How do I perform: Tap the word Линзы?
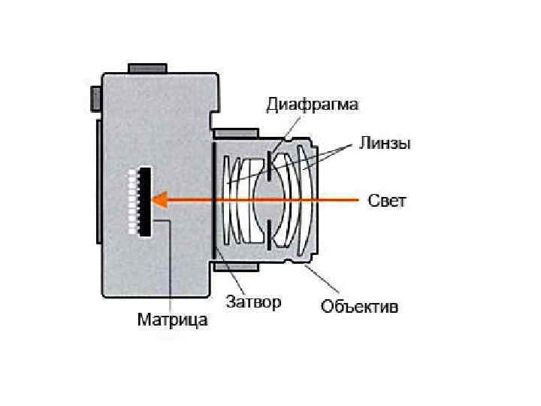point(384,143)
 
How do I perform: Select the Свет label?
point(387,201)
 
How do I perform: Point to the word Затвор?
point(254,302)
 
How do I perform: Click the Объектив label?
point(359,307)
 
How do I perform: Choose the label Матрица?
point(172,320)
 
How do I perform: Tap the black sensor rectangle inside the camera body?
point(144,201)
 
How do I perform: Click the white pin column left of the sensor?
point(133,201)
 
